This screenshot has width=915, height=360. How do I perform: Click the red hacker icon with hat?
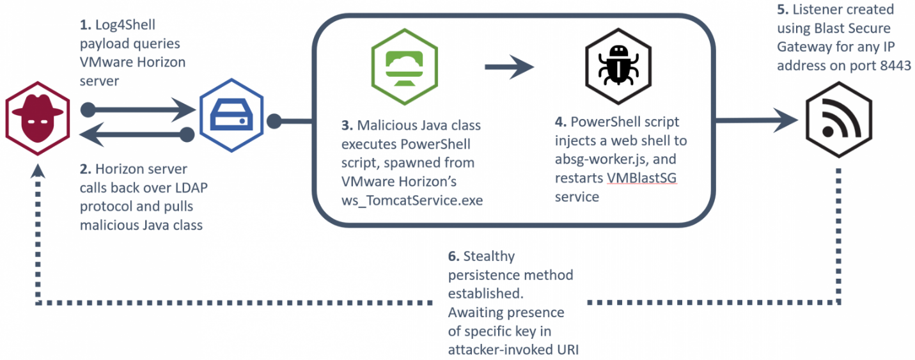38,118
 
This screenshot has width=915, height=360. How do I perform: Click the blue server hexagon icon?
231,115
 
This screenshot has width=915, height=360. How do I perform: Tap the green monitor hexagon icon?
404,67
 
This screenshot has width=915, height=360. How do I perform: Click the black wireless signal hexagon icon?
839,120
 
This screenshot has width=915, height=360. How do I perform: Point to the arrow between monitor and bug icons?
510,67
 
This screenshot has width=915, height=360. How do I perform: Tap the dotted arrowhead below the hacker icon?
38,171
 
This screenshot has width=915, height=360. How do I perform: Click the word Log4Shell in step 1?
125,25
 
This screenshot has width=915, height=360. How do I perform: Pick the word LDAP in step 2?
191,187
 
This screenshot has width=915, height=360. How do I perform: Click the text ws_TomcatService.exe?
412,200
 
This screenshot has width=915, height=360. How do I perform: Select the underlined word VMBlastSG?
642,178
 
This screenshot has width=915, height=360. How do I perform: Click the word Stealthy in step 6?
489,256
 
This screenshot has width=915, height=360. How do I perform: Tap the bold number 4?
560,121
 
